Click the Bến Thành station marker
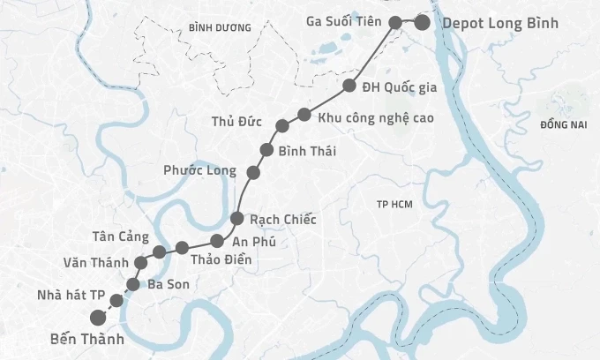pos(98,319)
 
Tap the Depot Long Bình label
pos(499,23)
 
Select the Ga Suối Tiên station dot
pos(396,23)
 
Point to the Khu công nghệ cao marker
pos(304,115)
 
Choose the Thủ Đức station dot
pos(282,126)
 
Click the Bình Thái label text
pos(306,152)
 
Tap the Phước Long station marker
pos(253,171)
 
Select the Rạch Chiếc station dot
pos(236,218)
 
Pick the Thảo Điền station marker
pos(182,247)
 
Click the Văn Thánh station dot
pos(140,263)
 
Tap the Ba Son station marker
pos(133,283)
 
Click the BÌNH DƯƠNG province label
pos(220,28)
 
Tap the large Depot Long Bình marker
pos(423,23)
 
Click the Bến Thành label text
pos(86,339)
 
